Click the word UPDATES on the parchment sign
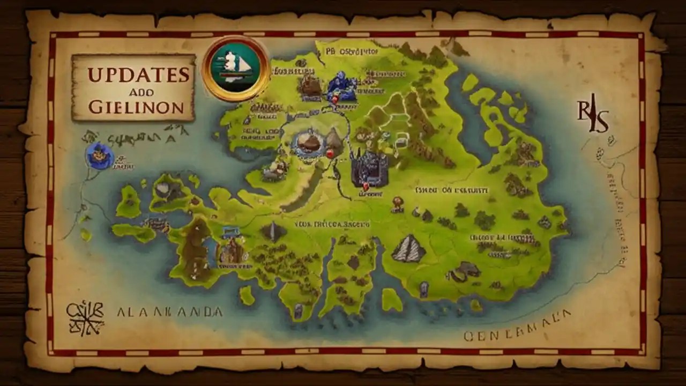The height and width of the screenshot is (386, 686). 138,75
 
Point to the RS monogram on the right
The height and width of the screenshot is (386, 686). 593,117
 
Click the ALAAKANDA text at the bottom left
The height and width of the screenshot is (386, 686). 169,312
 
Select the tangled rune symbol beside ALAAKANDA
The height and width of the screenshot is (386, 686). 85,317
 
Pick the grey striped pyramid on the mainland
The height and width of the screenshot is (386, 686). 408,249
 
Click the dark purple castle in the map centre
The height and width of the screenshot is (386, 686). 369,168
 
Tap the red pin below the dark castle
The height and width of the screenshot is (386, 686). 366,187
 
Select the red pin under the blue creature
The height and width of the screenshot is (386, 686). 335,99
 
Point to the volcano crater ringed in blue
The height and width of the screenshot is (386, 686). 309,143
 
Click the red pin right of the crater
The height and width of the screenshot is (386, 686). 330,154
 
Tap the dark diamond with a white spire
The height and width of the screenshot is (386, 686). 273,231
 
